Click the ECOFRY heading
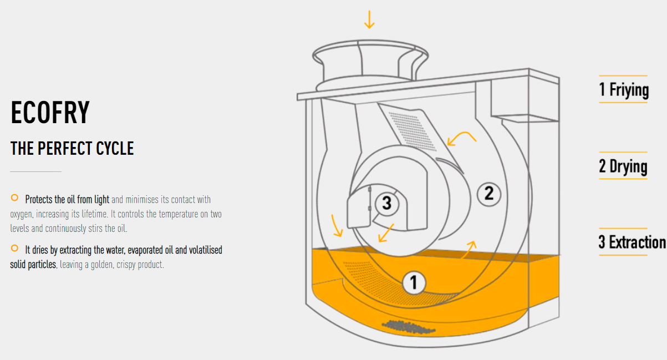coord(50,112)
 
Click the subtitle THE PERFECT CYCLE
coord(72,149)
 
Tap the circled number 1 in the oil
coord(414,283)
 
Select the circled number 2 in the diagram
coord(489,194)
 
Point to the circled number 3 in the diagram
coord(386,204)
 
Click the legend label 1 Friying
coord(624,89)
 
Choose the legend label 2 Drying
coord(623,166)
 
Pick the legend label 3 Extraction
coord(632,242)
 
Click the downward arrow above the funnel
coord(369,19)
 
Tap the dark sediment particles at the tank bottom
coord(409,327)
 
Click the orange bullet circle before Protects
coord(14,197)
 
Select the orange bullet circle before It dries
coord(14,248)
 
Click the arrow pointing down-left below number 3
coord(386,233)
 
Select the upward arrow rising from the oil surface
coord(469,249)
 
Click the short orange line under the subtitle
coord(35,171)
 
